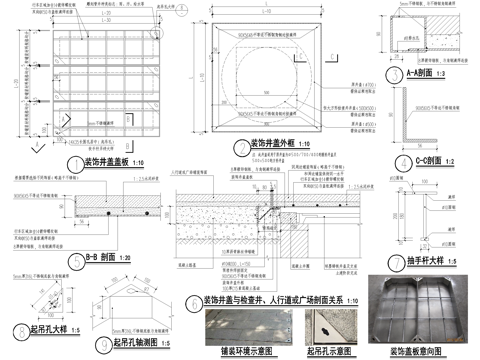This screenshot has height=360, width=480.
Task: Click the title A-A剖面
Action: pos(423,74)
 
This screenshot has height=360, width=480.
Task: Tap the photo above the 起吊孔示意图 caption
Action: pos(329,316)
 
